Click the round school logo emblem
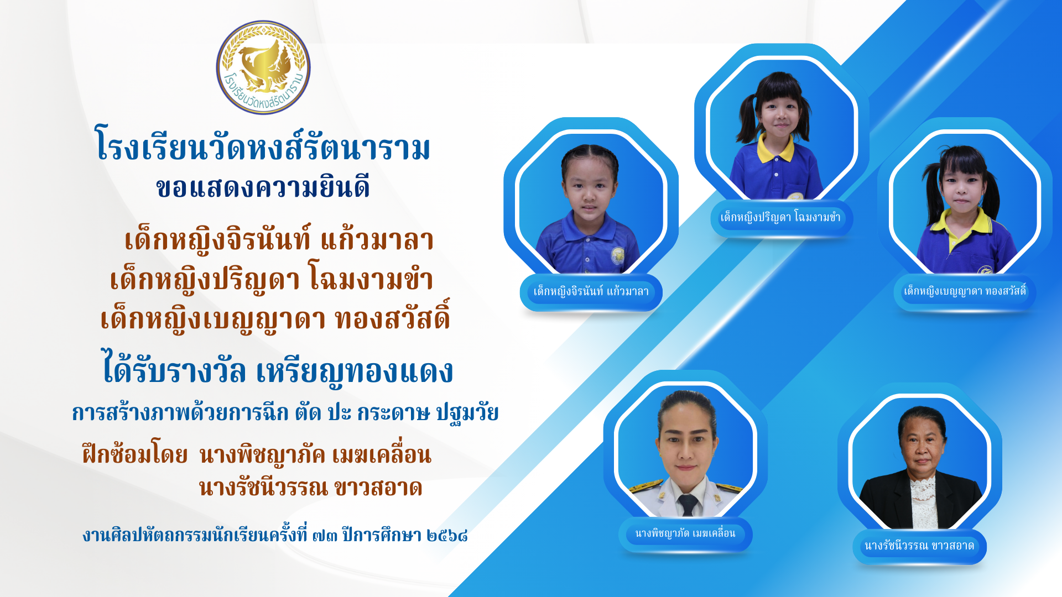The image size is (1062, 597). coord(263,67)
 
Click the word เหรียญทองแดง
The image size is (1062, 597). coord(355,371)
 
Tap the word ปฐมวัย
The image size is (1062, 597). coord(467,412)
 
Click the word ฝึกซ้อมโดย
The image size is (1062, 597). coord(135,454)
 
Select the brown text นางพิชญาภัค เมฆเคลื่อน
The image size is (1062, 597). coord(315,454)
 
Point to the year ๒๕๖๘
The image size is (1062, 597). coord(447,535)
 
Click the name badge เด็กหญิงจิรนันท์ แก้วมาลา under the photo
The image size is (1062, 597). coord(591,292)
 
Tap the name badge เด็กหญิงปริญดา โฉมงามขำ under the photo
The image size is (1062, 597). coord(781,218)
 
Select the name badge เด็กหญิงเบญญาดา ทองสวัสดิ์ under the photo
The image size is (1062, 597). coord(965,291)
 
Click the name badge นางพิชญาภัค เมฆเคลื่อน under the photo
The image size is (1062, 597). coord(685,534)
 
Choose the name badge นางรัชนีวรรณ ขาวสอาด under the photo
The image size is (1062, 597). coord(919,546)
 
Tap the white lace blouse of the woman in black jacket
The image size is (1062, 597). coord(924,503)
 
